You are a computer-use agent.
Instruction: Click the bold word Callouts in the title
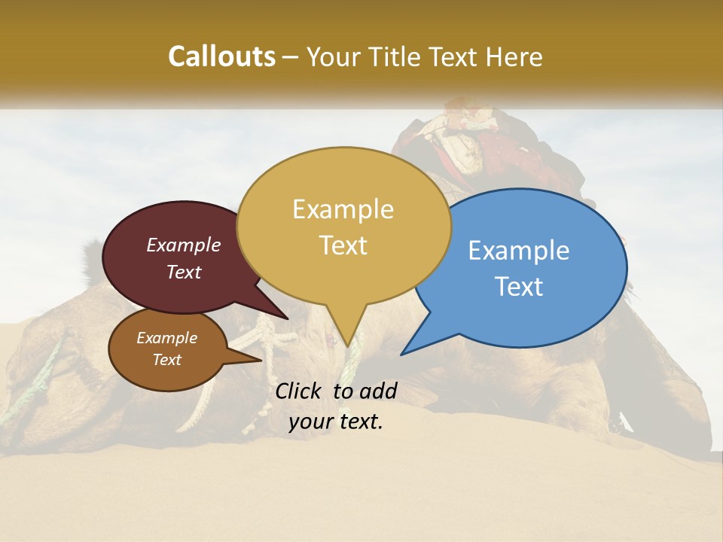pos(221,56)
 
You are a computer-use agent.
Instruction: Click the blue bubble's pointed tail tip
pos(401,354)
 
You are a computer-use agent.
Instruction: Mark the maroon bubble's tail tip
pos(287,318)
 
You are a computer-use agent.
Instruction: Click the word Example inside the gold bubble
pos(343,209)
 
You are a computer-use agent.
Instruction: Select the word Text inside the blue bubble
pos(520,287)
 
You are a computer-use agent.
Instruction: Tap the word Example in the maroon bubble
pos(184,245)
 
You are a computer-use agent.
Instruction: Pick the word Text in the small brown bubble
pos(166,360)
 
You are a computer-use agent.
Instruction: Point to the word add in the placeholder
pos(377,391)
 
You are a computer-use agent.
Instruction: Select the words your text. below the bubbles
pos(336,422)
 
